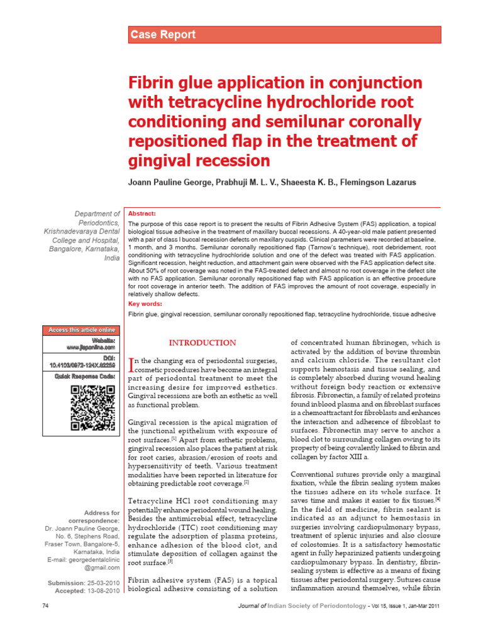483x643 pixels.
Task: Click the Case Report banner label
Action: click(162, 35)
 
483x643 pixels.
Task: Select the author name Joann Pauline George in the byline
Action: click(175, 183)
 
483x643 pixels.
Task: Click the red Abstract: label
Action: click(142, 213)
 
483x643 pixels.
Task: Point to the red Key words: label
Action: click(145, 304)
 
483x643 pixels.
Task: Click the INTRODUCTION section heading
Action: click(203, 343)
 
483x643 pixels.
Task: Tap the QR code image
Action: click(92, 408)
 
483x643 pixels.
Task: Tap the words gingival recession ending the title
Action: click(199, 159)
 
